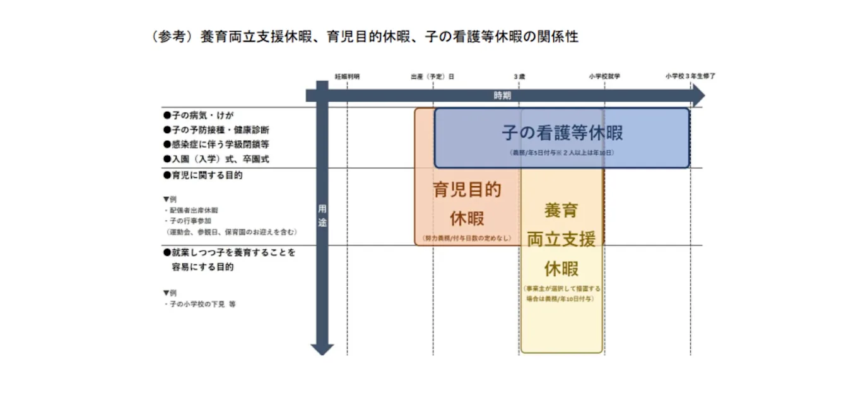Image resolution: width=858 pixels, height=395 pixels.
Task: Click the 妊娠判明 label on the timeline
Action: coord(347,76)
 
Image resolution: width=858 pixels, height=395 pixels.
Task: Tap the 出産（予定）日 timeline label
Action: coord(432,76)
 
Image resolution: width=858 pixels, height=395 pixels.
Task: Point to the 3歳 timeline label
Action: coord(519,76)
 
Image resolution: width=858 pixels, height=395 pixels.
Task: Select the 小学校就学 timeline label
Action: coord(604,76)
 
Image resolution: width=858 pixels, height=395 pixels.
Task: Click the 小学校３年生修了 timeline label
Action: coord(690,76)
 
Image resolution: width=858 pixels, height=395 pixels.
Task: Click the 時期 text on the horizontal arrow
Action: coord(502,95)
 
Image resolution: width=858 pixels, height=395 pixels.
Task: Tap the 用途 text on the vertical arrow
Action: coord(322,215)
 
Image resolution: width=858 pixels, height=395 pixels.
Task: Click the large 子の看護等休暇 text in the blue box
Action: coord(562,133)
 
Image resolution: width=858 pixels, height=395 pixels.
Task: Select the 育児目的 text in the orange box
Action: coord(467,189)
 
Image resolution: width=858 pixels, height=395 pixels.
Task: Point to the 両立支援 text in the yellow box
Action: coord(561,239)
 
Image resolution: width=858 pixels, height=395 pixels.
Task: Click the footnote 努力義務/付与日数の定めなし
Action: coord(467,239)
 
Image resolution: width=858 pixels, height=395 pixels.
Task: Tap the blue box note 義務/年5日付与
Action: coord(561,153)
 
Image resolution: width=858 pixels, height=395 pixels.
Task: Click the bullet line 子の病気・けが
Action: coord(198,115)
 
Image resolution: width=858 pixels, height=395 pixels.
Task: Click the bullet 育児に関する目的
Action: coord(203,175)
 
